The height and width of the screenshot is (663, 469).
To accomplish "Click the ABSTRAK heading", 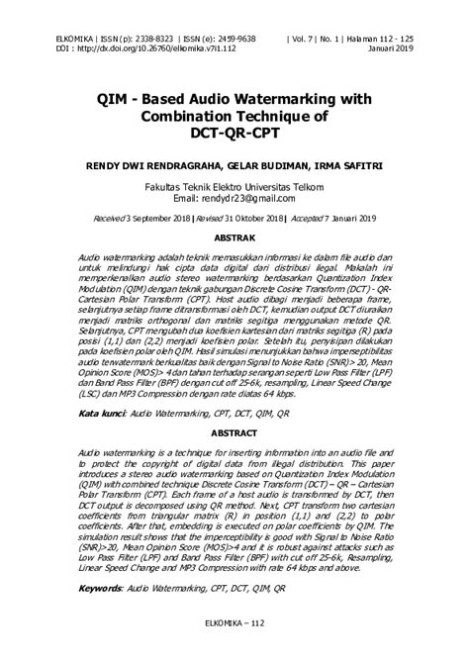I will pos(234,239).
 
